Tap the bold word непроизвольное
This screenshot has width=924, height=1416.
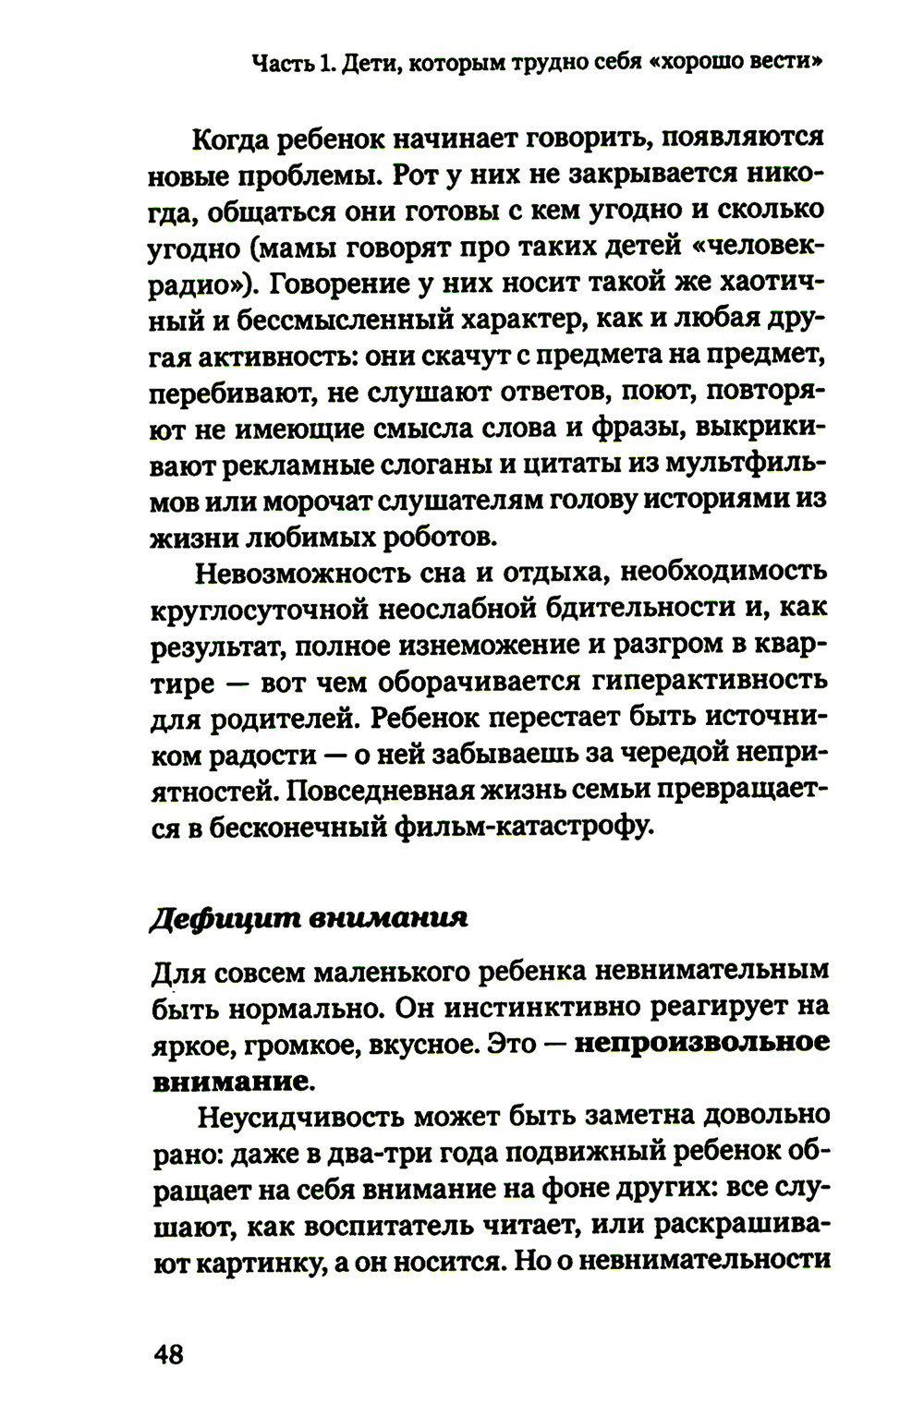pos(701,1042)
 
